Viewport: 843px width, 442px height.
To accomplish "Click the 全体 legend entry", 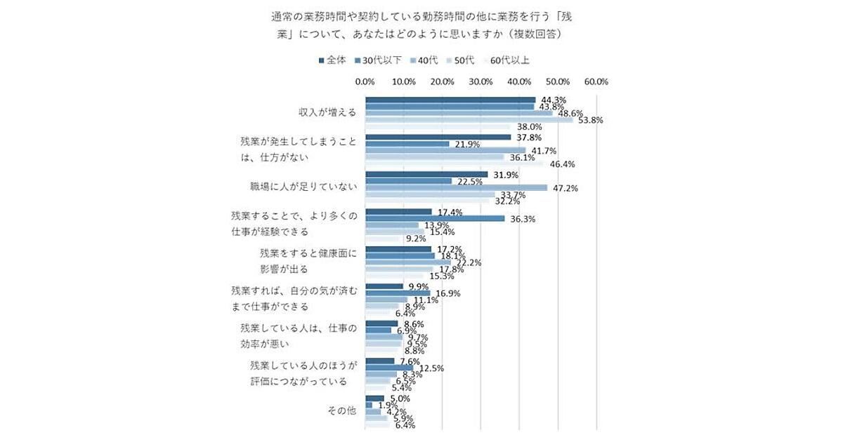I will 332,60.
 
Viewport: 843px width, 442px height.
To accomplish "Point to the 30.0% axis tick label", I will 481,82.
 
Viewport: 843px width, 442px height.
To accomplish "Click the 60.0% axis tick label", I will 596,82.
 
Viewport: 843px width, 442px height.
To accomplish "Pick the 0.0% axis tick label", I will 365,82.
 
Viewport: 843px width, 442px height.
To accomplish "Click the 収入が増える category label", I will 327,112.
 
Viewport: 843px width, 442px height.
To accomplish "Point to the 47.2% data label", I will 563,188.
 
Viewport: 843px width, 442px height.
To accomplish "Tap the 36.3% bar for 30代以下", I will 435,218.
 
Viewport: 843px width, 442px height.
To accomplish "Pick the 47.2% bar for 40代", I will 456,187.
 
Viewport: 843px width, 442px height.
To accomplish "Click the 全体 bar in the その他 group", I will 374,398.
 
